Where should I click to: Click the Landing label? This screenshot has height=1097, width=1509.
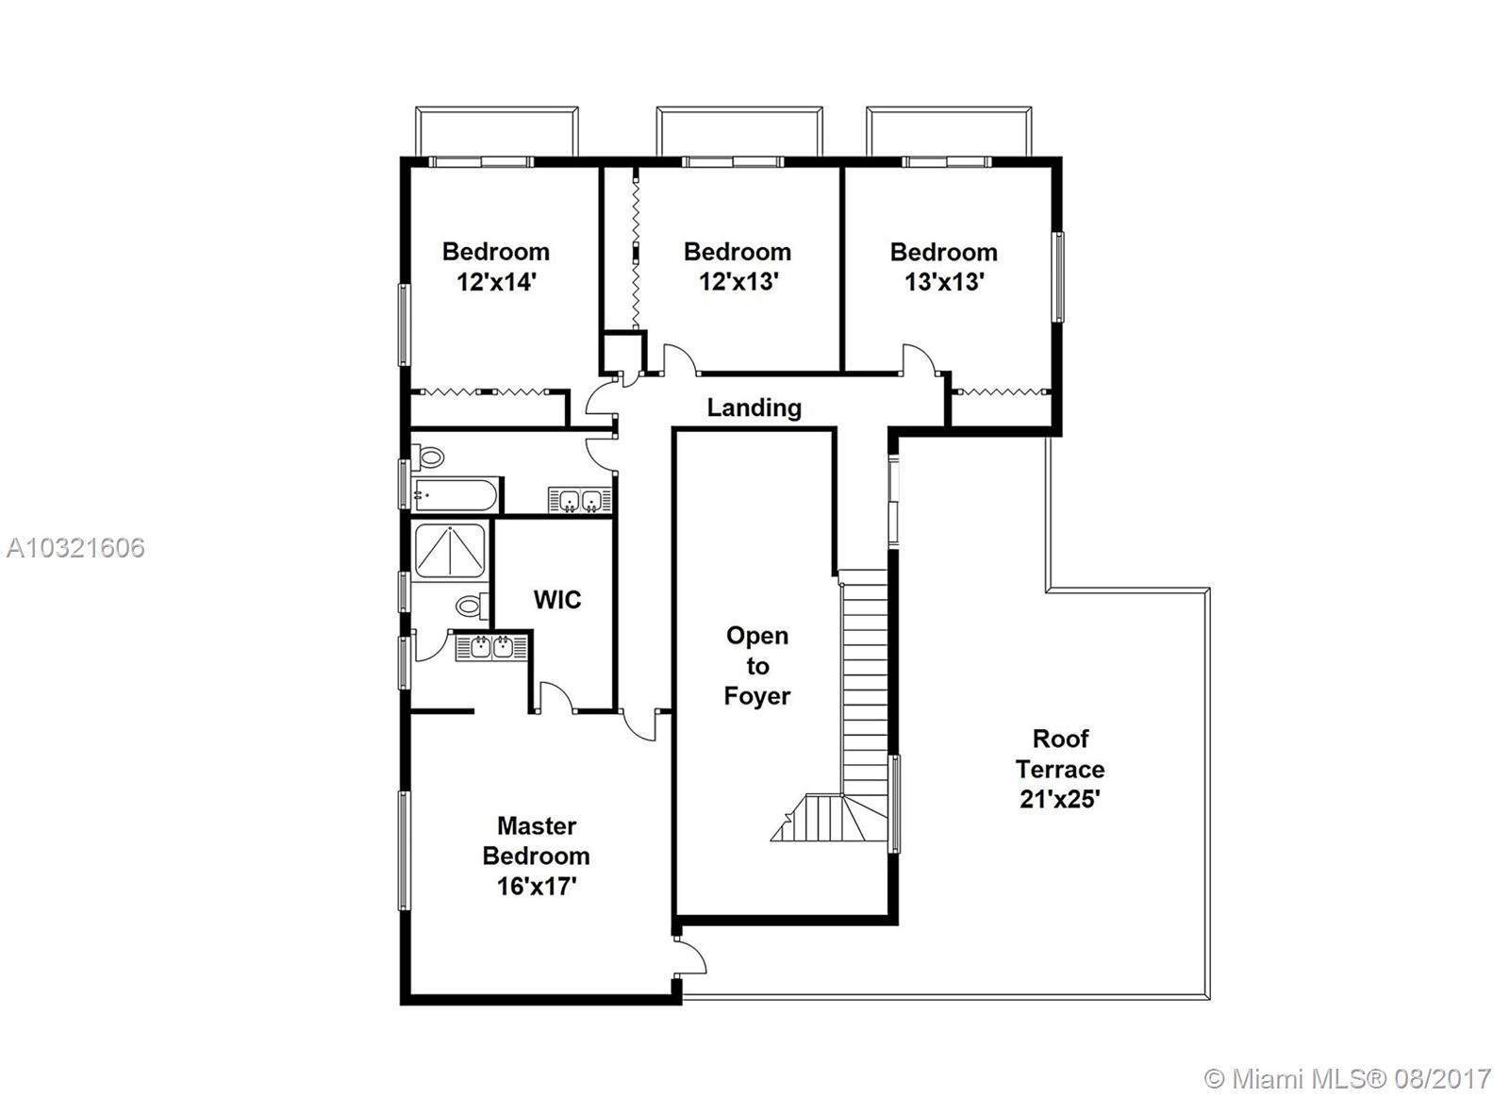point(754,407)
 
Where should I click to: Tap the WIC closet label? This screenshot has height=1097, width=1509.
point(557,599)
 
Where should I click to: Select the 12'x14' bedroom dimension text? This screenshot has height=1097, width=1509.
point(496,282)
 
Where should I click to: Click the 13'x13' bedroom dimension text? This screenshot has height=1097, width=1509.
point(944,282)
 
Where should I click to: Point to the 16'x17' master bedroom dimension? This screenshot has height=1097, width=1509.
point(537,886)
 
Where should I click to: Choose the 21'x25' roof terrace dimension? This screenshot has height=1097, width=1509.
point(1060,799)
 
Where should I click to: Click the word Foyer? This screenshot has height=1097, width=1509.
point(757,696)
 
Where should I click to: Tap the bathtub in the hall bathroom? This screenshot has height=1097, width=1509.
point(456,495)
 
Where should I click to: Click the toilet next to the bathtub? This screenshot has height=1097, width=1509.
point(428,457)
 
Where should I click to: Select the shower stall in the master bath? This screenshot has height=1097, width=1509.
point(449,551)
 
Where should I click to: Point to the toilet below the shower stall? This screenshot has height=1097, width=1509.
point(472,606)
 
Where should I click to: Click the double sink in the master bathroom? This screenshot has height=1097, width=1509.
point(491,648)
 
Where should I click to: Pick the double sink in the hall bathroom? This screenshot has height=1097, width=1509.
point(580,501)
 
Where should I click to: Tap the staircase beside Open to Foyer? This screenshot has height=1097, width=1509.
point(864,706)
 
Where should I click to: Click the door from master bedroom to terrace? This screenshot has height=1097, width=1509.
point(689,955)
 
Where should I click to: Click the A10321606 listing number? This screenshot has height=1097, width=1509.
point(75,548)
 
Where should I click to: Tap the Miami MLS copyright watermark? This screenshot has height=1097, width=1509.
point(1348,1079)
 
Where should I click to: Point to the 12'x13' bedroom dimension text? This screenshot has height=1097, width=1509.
point(738,282)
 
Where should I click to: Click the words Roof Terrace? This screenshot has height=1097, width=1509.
point(1060,754)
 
